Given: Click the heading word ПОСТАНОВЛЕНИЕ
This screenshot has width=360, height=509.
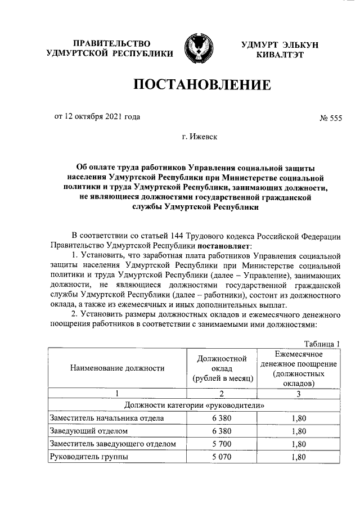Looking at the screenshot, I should pos(202,85).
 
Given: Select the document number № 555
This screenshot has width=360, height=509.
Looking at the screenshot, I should pos(330,118).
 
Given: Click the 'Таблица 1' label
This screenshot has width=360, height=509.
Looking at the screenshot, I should pos(322,344).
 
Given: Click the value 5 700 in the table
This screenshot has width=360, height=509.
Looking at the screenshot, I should pos(222,444).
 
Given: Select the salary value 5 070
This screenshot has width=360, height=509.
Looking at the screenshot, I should pos(222,457).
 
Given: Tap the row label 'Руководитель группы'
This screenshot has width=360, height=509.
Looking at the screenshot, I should pos(89,457).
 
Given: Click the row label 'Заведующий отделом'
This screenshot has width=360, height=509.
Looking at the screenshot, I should pos(88,431).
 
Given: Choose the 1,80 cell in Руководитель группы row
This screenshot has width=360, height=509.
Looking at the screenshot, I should pos(299,457).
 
